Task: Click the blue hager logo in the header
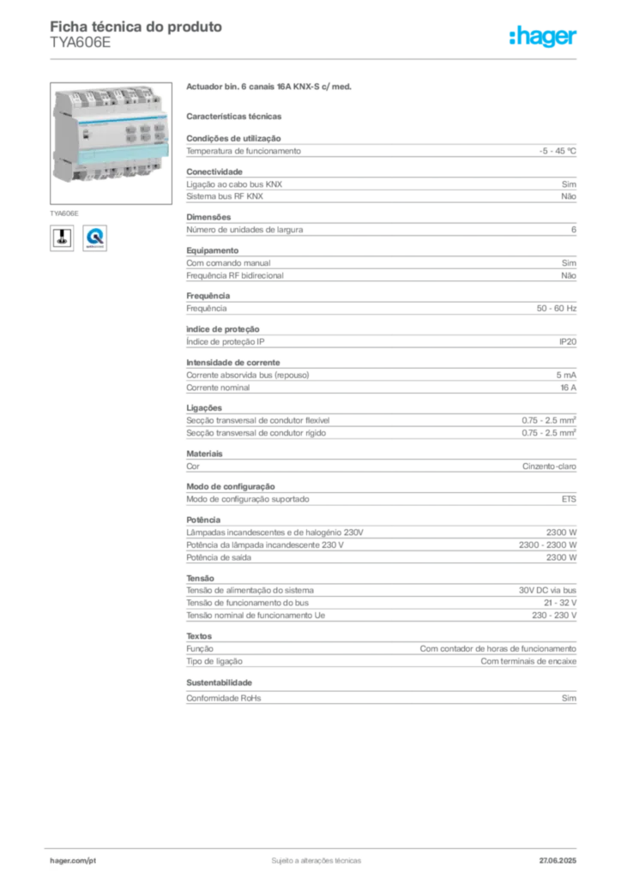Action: point(544,38)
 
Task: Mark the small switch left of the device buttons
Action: point(87,135)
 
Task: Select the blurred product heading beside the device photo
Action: point(270,87)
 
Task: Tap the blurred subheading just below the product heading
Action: point(237,114)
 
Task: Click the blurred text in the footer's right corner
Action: point(562,857)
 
